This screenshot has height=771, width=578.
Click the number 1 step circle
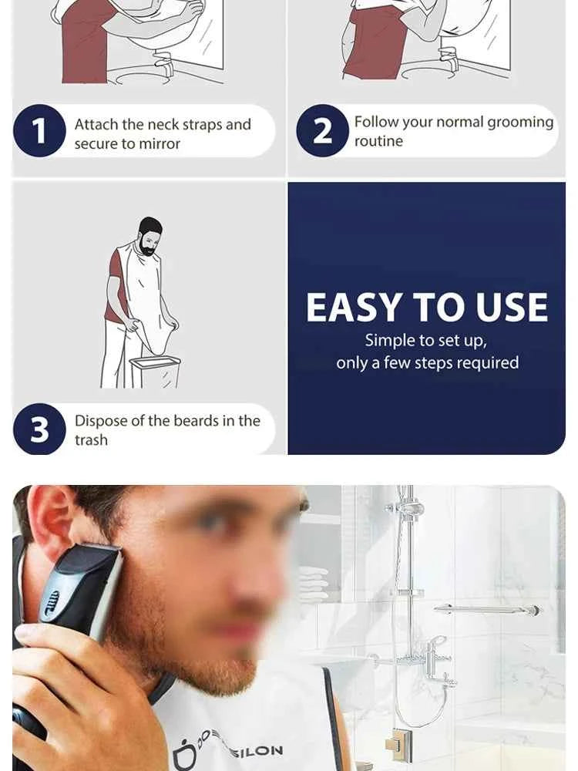tap(39, 131)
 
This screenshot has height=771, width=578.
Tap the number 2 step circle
tap(323, 131)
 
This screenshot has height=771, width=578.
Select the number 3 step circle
tap(39, 429)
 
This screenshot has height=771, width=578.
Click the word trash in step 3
tap(91, 440)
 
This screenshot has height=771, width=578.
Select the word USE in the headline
tap(512, 308)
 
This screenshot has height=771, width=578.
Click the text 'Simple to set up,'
tap(426, 340)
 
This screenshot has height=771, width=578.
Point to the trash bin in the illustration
tap(155, 371)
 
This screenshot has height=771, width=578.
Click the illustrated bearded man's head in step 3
tap(150, 235)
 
